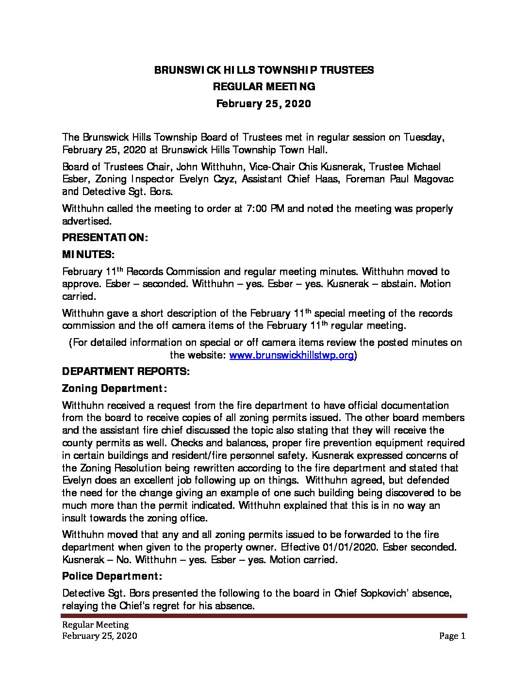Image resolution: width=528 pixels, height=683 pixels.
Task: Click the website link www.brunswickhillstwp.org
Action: click(x=291, y=355)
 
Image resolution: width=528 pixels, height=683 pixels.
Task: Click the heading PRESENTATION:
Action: click(x=105, y=237)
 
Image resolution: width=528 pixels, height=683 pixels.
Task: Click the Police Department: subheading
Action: click(x=112, y=576)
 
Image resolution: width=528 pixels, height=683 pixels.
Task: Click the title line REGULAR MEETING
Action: click(x=264, y=86)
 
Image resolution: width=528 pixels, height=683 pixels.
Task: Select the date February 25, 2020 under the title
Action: click(x=264, y=103)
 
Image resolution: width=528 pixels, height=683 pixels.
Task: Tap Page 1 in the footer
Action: click(x=452, y=636)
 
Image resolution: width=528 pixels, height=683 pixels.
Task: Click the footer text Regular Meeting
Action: click(x=95, y=625)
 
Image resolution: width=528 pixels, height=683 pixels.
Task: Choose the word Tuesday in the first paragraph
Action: click(x=423, y=137)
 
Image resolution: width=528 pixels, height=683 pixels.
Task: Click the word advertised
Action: click(x=86, y=221)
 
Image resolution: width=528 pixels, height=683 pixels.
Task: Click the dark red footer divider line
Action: click(x=264, y=616)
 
